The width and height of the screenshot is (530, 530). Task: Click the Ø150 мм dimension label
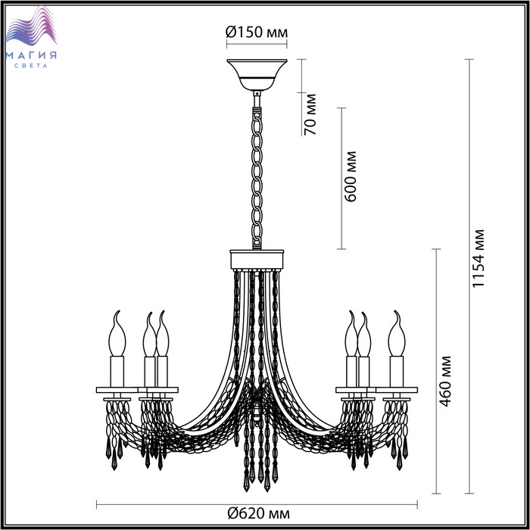(257, 32)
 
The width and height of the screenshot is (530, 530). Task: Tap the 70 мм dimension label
(310, 114)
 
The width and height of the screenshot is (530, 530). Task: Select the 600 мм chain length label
(350, 176)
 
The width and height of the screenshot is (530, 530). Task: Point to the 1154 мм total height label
(478, 259)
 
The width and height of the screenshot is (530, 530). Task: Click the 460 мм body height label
(444, 381)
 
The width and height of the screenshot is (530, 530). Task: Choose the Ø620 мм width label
(259, 514)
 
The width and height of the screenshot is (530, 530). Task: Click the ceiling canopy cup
(257, 75)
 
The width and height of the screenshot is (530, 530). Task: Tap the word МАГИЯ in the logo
(31, 55)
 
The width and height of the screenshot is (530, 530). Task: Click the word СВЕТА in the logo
(31, 66)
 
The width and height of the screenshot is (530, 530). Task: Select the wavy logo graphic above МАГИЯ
(31, 27)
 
